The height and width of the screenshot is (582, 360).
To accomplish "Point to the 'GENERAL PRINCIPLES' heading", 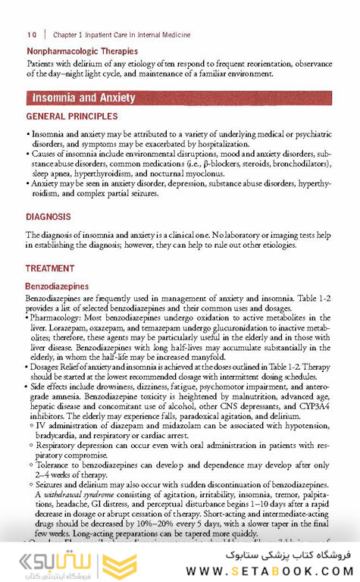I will [x=72, y=117].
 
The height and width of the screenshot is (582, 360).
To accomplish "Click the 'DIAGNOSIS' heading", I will [x=49, y=217].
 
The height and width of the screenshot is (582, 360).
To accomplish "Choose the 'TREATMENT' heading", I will [x=50, y=268].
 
